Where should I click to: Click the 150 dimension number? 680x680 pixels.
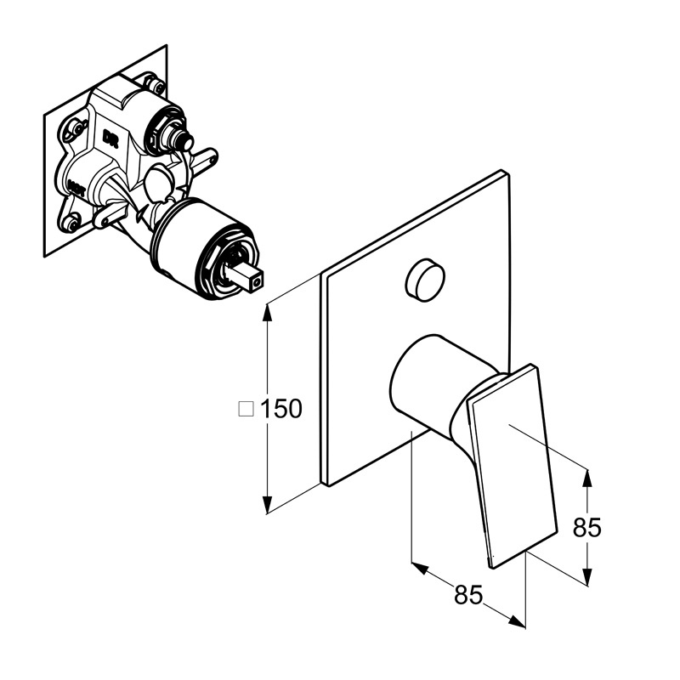(x=281, y=409)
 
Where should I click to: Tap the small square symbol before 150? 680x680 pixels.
(x=247, y=409)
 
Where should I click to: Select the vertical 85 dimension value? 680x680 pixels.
(x=586, y=528)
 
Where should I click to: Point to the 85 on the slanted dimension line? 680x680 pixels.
(x=467, y=595)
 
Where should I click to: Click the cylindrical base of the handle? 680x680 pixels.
(x=425, y=379)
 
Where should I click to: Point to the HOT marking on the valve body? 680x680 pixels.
(x=74, y=182)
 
